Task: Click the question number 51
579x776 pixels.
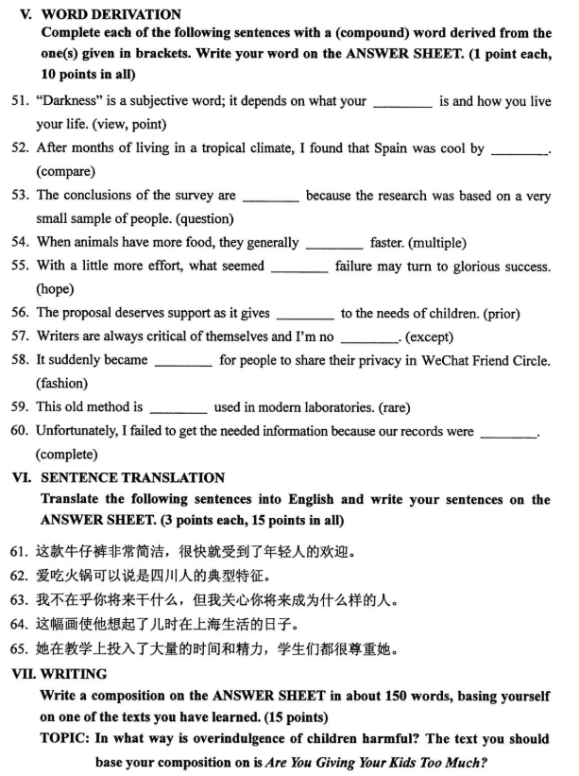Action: pos(20,100)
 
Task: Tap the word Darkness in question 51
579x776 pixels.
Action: pos(72,100)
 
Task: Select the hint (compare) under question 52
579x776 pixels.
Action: pos(66,171)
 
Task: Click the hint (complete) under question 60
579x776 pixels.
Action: pos(66,454)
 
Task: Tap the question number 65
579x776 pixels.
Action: pos(20,648)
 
